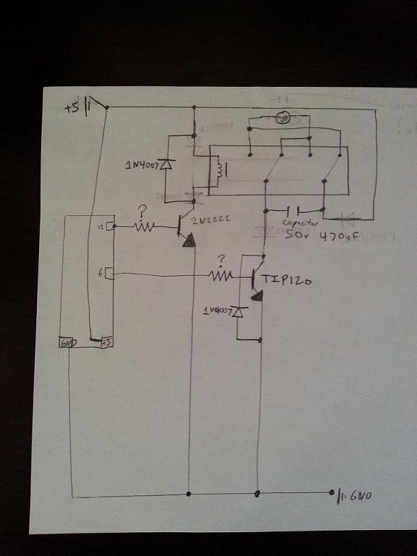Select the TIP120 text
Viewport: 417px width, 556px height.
click(x=286, y=280)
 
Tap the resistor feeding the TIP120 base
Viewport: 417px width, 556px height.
click(x=220, y=275)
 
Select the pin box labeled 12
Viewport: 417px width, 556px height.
click(x=109, y=227)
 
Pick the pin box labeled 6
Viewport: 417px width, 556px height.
click(x=109, y=273)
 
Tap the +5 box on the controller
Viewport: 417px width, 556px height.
click(x=106, y=341)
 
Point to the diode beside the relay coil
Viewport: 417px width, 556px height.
click(x=166, y=164)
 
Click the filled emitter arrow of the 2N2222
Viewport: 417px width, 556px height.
click(x=189, y=242)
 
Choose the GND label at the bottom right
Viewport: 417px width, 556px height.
click(x=361, y=496)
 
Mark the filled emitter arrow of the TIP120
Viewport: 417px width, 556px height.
click(x=257, y=295)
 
